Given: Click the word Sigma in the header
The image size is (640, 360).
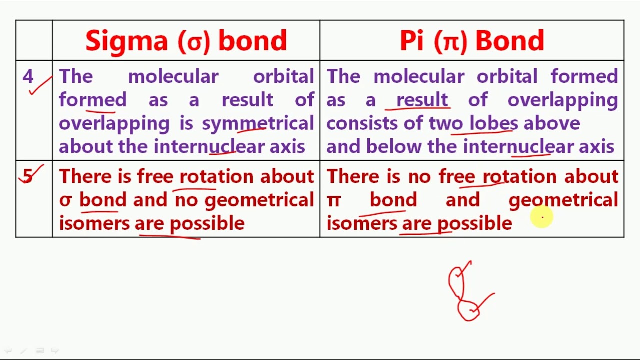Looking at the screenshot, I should pos(126,41).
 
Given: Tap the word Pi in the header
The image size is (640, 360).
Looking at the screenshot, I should pos(411,41).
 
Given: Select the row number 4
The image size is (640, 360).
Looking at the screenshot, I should pos(28,77).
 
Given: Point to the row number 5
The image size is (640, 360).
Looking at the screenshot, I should pos(28,176).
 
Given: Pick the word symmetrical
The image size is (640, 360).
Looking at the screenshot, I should pos(258,123).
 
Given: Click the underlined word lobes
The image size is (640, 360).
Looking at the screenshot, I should pos(493,123).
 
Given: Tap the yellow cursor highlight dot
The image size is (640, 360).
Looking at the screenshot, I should pos(542,217).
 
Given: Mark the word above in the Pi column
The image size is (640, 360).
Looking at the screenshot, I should pos(551,123).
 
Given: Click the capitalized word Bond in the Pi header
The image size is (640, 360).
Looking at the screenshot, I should pos(509,41).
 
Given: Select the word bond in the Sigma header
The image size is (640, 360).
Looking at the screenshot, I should pos(252,41).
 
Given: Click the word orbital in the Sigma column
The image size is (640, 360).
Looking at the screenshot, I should pos(283,77).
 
